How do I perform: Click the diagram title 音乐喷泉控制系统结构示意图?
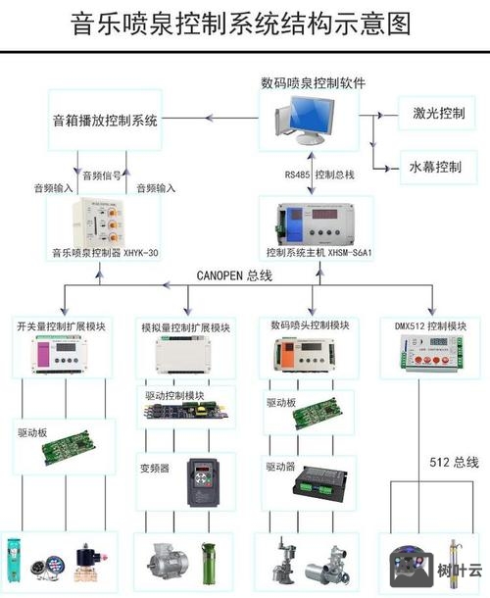tap(241, 24)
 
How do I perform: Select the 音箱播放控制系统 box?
tap(105, 121)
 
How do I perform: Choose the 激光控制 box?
tap(437, 113)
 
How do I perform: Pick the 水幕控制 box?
tap(437, 167)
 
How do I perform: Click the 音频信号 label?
tap(102, 175)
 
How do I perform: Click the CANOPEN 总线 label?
tap(234, 276)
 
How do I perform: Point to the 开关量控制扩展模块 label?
tap(61, 325)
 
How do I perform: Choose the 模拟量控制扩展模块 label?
tap(186, 327)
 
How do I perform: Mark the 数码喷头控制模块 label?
tap(309, 325)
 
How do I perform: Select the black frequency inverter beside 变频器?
tap(205, 480)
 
